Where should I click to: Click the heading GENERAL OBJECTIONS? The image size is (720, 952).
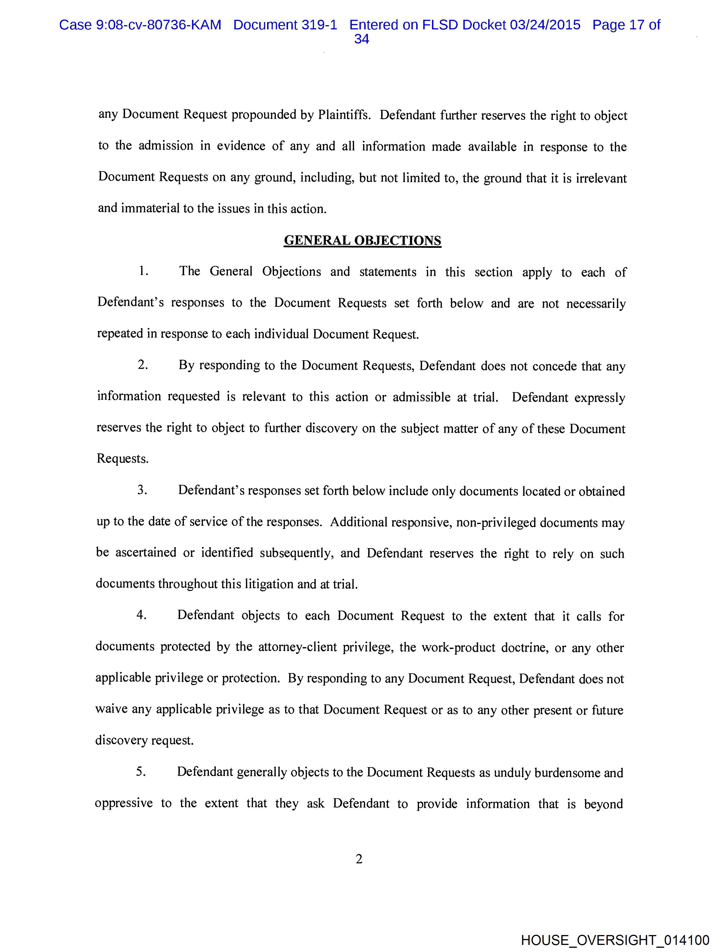click(362, 240)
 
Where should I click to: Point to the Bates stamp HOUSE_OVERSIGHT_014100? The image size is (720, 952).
click(615, 940)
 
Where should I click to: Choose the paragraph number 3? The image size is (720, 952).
click(142, 490)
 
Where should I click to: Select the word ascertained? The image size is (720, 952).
click(146, 553)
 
